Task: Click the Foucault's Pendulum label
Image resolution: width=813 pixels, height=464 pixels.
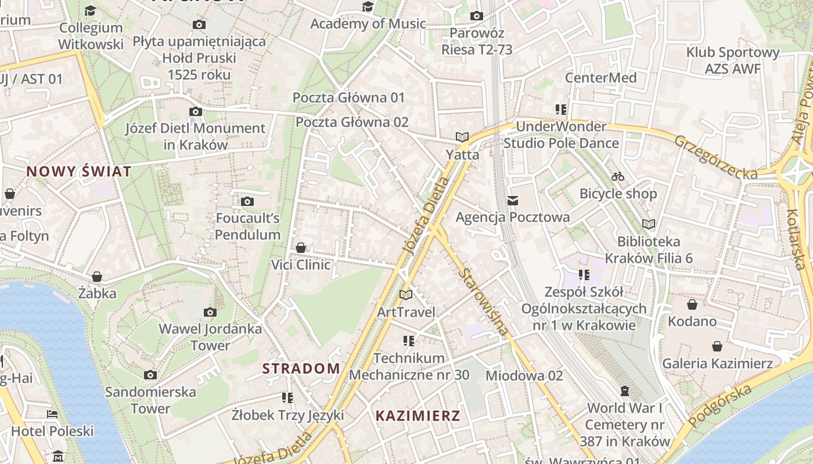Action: pos(248,227)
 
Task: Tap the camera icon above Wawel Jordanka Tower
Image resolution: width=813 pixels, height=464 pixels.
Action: pos(210,313)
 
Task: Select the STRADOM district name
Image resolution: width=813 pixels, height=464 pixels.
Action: pos(301,368)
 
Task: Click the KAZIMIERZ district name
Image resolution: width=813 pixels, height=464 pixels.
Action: pos(418,415)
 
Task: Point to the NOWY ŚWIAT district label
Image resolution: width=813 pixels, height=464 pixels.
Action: pos(79,171)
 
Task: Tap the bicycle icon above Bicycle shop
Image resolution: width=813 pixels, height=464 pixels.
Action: pos(618,176)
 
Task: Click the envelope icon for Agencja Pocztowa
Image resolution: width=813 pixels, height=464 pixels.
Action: pos(512,201)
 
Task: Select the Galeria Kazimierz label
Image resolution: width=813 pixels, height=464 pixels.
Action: pos(718,364)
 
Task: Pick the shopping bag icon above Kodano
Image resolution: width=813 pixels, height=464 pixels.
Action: pos(692,304)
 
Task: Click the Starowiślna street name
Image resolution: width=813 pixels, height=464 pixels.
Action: pos(483,302)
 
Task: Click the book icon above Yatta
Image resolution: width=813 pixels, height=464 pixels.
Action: pos(462,137)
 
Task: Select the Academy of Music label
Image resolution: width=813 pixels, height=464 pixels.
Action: pos(368,24)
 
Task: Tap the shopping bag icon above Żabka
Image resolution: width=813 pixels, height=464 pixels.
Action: pos(97,277)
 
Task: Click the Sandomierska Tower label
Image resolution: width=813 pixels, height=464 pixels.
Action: pos(150,400)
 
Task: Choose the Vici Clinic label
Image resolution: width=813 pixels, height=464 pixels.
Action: pos(301,265)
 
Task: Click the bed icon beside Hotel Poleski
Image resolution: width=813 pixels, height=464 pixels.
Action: pos(52,414)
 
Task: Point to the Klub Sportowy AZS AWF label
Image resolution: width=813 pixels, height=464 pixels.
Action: pos(733,60)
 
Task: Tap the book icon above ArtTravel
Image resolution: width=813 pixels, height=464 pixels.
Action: pos(406,295)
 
